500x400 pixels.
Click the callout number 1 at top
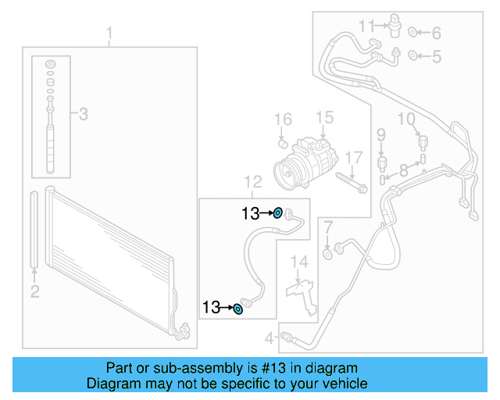coord(109,34)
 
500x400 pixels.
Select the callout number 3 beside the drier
coord(83,114)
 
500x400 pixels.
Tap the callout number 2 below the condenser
coord(34,291)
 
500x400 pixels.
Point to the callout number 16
coord(282,119)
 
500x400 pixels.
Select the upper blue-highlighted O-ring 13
coord(277,212)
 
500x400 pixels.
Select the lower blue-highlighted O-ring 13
coord(238,309)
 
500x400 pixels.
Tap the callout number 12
coord(252,182)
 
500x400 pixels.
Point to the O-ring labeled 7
coord(328,252)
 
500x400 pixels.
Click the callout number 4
coord(269,338)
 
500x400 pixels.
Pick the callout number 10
coord(405,119)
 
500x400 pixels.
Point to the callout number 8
coord(403,169)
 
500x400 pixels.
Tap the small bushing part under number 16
coord(284,143)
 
